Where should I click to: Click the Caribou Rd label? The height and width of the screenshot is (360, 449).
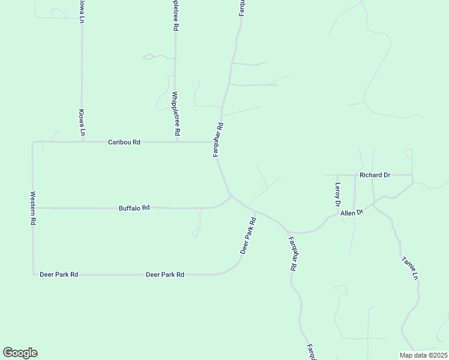pyautogui.click(x=124, y=142)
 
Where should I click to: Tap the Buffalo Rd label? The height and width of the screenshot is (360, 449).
pyautogui.click(x=134, y=208)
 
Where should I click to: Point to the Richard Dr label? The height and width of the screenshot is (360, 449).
pyautogui.click(x=375, y=175)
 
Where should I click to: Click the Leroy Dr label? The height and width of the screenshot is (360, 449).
pyautogui.click(x=338, y=194)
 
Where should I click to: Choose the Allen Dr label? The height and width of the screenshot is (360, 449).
pyautogui.click(x=352, y=213)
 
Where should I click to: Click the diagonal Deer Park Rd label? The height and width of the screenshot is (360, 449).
pyautogui.click(x=249, y=235)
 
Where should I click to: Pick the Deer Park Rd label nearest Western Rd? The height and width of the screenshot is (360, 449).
pyautogui.click(x=59, y=274)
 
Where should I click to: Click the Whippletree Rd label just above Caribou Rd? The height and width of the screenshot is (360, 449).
pyautogui.click(x=175, y=113)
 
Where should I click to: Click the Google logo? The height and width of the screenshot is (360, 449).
pyautogui.click(x=20, y=353)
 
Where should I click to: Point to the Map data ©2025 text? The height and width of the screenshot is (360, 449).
pyautogui.click(x=423, y=355)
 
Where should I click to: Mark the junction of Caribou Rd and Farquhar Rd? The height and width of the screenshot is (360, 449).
pyautogui.click(x=217, y=142)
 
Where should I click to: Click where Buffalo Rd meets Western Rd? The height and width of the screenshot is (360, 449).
pyautogui.click(x=33, y=208)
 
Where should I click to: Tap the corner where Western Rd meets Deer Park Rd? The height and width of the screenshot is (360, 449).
pyautogui.click(x=34, y=274)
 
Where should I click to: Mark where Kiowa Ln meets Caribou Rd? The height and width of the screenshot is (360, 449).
pyautogui.click(x=82, y=142)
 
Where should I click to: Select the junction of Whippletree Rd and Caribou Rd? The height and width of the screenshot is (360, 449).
pyautogui.click(x=176, y=142)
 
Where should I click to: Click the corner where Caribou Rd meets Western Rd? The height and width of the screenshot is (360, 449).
pyautogui.click(x=34, y=143)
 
